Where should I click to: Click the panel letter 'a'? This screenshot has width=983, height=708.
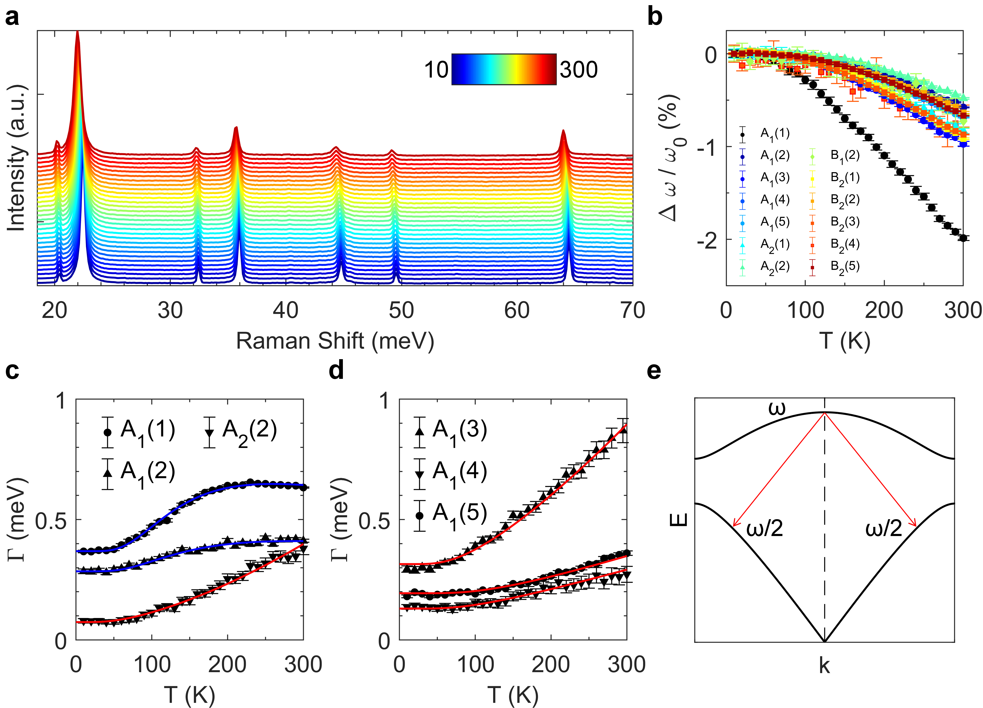point(12,18)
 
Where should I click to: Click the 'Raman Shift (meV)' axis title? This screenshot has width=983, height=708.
point(335,341)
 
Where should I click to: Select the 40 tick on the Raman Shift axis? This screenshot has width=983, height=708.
point(285,311)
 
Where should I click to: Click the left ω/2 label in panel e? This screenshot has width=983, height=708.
point(765,528)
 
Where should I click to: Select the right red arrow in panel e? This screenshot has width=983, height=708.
point(870,470)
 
